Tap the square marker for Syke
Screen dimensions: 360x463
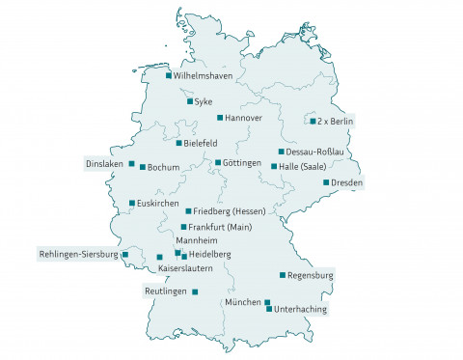(x=189, y=100)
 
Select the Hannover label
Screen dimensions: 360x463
(x=243, y=118)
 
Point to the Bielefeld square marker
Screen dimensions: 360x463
(x=178, y=143)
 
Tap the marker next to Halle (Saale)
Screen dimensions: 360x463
(x=274, y=167)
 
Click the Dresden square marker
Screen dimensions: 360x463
(x=326, y=182)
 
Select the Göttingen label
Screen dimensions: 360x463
(x=242, y=163)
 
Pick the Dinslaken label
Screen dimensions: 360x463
(x=104, y=163)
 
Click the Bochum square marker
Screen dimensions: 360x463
(x=142, y=167)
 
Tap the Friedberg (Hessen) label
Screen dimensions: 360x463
(x=229, y=210)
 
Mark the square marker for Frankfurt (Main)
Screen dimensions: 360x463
(x=183, y=227)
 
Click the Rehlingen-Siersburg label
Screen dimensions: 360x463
(x=77, y=254)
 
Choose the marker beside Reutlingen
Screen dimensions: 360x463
(x=195, y=291)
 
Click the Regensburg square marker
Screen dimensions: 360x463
(x=282, y=275)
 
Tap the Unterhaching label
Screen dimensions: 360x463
(x=301, y=309)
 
